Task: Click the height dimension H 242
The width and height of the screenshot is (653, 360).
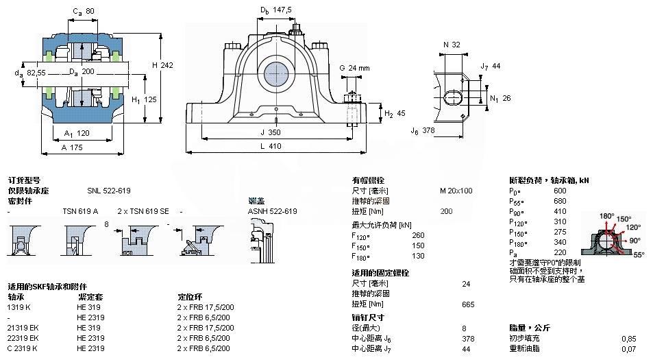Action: coord(162,65)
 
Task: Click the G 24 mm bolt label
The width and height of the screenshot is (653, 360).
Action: coord(354,68)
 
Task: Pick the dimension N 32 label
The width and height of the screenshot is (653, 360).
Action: coord(451,45)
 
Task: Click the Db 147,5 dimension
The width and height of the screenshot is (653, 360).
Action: coord(275,10)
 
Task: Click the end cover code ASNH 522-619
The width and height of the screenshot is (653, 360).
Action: coord(271,211)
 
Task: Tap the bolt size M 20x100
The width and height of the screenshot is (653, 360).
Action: coord(456,191)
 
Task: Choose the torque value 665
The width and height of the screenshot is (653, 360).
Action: coord(469,304)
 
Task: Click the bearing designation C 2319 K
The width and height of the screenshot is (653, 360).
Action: coord(23,348)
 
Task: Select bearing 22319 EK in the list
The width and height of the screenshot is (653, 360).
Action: coord(23,338)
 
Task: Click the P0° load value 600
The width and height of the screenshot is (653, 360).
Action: coord(560,191)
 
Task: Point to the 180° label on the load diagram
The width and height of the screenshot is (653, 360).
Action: coord(606,216)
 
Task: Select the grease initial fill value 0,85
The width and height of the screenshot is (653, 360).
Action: coord(628,338)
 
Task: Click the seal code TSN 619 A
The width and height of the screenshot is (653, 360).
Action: coord(80,211)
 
